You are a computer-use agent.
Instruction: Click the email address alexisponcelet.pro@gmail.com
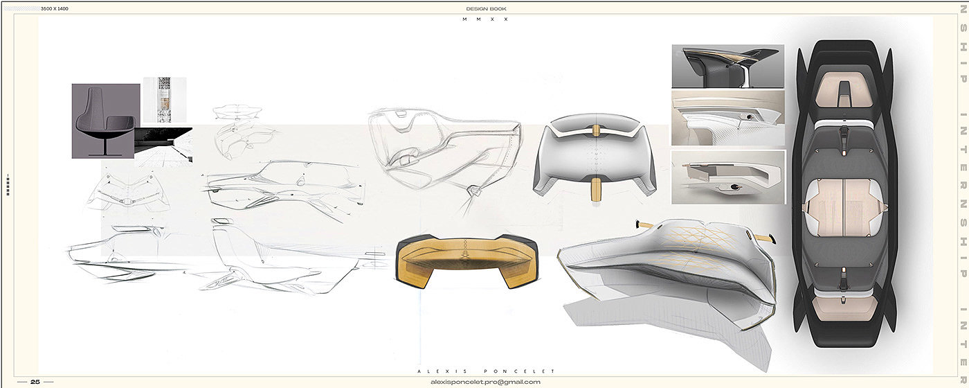[x=485, y=382]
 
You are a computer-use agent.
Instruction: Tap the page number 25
[x=35, y=382]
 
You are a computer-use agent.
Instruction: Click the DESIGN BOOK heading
[x=486, y=8]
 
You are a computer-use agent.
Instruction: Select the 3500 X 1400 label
[x=55, y=8]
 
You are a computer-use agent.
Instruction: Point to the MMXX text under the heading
[x=485, y=19]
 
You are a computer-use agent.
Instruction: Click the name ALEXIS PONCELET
[x=486, y=371]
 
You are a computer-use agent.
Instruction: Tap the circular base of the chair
[x=105, y=155]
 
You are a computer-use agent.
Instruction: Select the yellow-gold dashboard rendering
[x=467, y=261]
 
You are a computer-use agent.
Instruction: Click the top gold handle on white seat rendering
[x=596, y=132]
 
